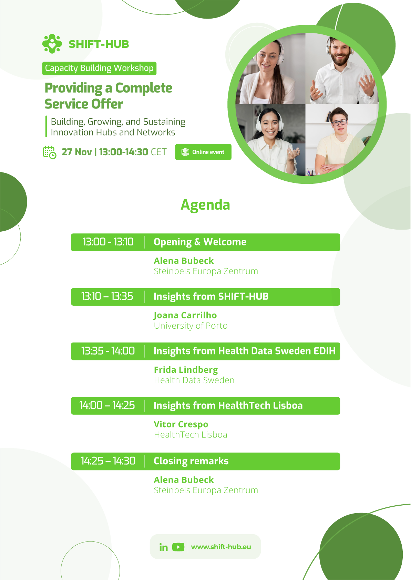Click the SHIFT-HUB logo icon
(x=52, y=44)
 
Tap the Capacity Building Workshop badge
(x=99, y=68)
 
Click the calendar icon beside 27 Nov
(x=50, y=152)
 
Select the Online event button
(x=203, y=152)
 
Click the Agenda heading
(x=205, y=205)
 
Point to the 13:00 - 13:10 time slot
(x=108, y=242)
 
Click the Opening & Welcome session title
(x=200, y=242)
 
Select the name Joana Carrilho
(x=185, y=315)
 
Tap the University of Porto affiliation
(x=191, y=326)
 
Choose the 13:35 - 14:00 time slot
(x=108, y=351)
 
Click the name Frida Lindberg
(x=186, y=370)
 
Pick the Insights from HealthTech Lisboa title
(x=228, y=405)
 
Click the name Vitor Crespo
(x=181, y=424)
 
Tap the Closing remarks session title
(x=191, y=461)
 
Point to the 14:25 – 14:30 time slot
(x=108, y=461)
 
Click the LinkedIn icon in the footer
(x=164, y=547)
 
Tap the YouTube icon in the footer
(x=178, y=547)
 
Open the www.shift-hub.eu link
(x=221, y=547)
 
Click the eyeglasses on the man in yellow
(x=339, y=123)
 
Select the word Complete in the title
(x=144, y=88)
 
